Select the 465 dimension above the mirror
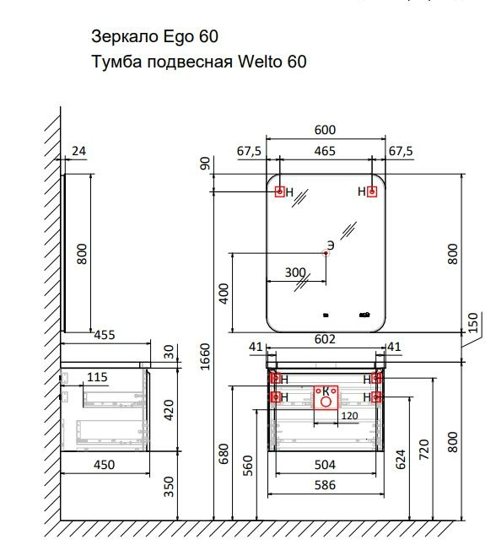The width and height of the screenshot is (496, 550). click(x=325, y=151)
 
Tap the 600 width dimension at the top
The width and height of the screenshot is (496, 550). click(x=325, y=130)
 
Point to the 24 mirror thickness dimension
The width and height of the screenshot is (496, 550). click(x=79, y=151)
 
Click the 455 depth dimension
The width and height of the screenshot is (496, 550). click(x=105, y=335)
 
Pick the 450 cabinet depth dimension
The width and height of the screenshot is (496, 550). click(x=105, y=465)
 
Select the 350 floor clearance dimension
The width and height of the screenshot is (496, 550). click(x=169, y=487)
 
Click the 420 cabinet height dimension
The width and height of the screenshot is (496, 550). click(x=169, y=410)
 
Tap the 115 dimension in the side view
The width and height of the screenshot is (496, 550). click(x=97, y=377)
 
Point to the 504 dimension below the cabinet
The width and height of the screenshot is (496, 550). click(x=325, y=465)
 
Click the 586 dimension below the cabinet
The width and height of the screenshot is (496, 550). click(x=325, y=485)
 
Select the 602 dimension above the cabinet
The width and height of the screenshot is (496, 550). click(x=325, y=339)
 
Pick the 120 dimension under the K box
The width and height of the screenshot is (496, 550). click(x=349, y=416)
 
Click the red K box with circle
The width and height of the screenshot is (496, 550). click(x=326, y=397)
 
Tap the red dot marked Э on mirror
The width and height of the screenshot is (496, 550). click(x=326, y=253)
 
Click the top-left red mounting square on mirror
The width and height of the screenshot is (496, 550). click(x=279, y=191)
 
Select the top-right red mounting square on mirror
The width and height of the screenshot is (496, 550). click(x=372, y=191)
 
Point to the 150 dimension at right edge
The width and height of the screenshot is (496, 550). click(x=473, y=322)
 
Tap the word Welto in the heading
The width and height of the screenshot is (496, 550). click(x=260, y=62)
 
